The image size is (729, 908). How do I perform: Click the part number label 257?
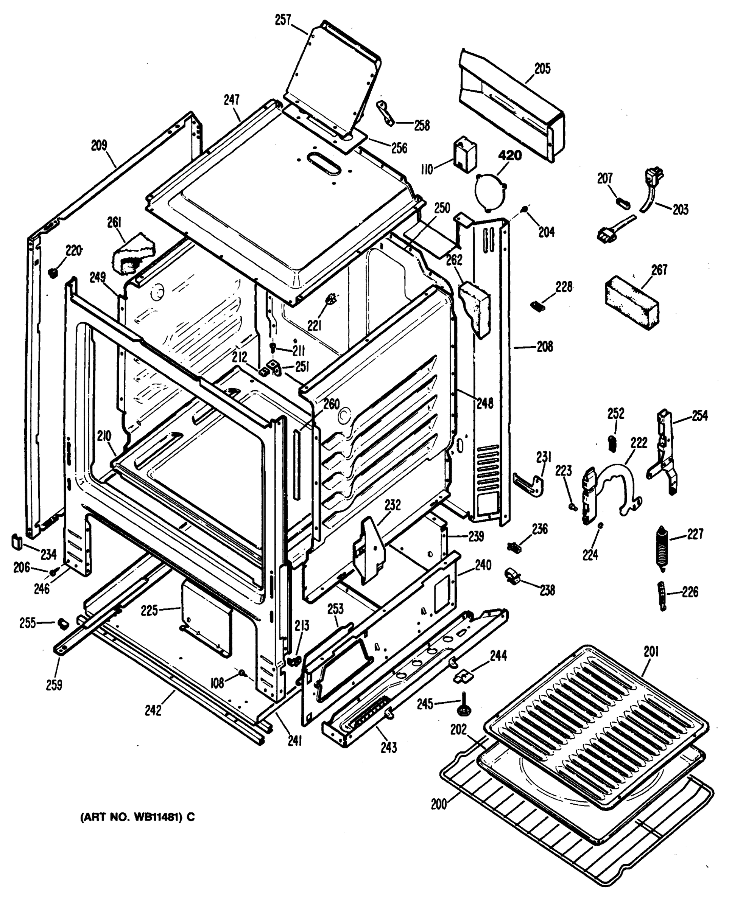tap(283, 20)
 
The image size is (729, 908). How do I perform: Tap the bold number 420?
tap(510, 155)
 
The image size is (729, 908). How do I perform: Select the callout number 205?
tap(542, 68)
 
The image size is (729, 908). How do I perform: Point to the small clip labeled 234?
tap(16, 541)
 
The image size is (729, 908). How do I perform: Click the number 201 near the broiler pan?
tap(651, 652)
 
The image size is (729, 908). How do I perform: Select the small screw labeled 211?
tap(273, 347)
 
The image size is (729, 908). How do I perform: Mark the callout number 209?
tap(100, 146)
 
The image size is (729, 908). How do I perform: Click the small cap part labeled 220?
tap(53, 272)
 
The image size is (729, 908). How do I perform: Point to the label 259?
tap(55, 685)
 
